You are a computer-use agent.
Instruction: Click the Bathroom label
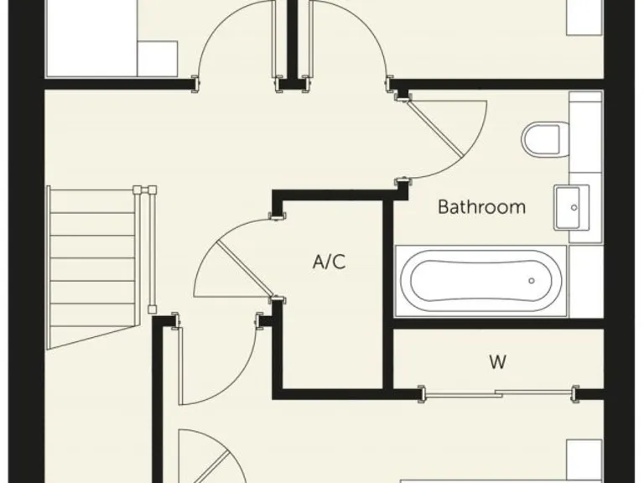click(481, 206)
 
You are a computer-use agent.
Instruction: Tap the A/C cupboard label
click(329, 262)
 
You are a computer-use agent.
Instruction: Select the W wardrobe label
click(498, 362)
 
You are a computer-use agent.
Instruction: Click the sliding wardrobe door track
click(498, 392)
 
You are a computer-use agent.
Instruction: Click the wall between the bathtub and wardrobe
click(498, 323)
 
